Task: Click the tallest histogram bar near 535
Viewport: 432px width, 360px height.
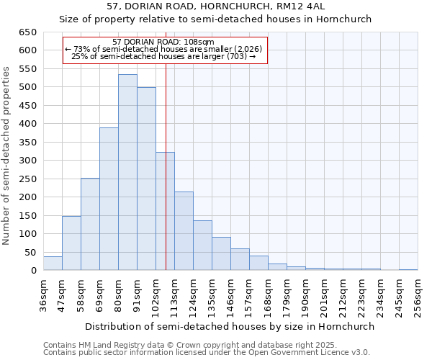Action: pyautogui.click(x=127, y=173)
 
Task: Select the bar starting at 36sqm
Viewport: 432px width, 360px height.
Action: pyautogui.click(x=53, y=264)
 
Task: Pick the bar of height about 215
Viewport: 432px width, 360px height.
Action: pyautogui.click(x=184, y=231)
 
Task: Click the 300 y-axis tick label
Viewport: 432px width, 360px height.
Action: pyautogui.click(x=27, y=161)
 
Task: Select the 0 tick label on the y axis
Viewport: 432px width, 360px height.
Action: pyautogui.click(x=33, y=271)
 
